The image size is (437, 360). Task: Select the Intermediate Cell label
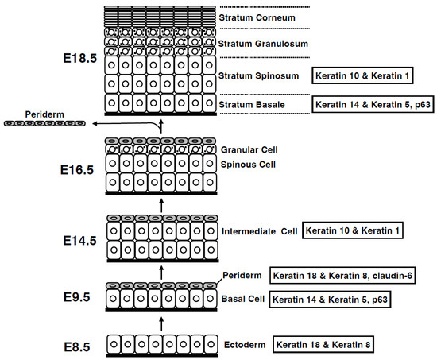pyautogui.click(x=259, y=231)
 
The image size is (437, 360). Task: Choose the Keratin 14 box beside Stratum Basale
pyautogui.click(x=373, y=103)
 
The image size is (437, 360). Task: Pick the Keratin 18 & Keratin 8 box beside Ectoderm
pyautogui.click(x=323, y=345)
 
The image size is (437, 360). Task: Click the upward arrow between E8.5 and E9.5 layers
pyautogui.click(x=161, y=323)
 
